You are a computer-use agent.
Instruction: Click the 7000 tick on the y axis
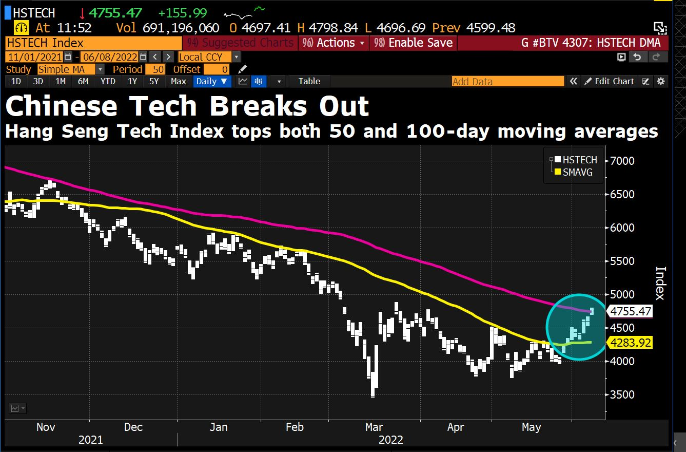(621, 161)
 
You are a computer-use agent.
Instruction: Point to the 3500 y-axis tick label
(621, 394)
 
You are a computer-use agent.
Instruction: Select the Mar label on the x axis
(374, 427)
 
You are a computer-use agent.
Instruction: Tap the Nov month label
(46, 427)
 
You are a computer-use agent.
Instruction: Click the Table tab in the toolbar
(309, 81)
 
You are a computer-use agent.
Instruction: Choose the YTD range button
(108, 81)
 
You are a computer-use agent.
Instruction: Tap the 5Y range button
(154, 81)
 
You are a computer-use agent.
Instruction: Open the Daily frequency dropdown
(212, 81)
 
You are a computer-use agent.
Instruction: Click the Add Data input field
(507, 81)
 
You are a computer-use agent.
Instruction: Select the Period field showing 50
(155, 69)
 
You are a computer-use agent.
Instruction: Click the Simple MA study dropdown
(70, 69)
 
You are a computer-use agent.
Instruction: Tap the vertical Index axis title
(660, 283)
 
